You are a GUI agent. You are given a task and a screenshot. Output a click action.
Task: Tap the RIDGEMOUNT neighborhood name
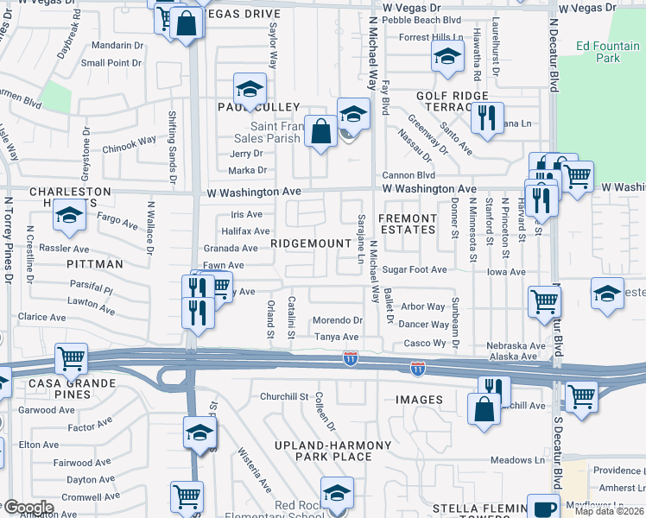tap(311, 244)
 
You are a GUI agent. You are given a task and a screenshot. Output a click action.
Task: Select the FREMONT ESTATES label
tap(408, 224)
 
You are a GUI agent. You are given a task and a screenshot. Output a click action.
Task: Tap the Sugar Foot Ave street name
tap(415, 270)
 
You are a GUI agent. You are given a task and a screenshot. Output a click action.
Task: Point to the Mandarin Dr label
tap(117, 45)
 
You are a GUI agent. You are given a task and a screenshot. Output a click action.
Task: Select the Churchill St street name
tap(284, 397)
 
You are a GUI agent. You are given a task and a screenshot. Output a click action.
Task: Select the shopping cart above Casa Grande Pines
tap(71, 357)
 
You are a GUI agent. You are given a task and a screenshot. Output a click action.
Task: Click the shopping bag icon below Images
tap(484, 409)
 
